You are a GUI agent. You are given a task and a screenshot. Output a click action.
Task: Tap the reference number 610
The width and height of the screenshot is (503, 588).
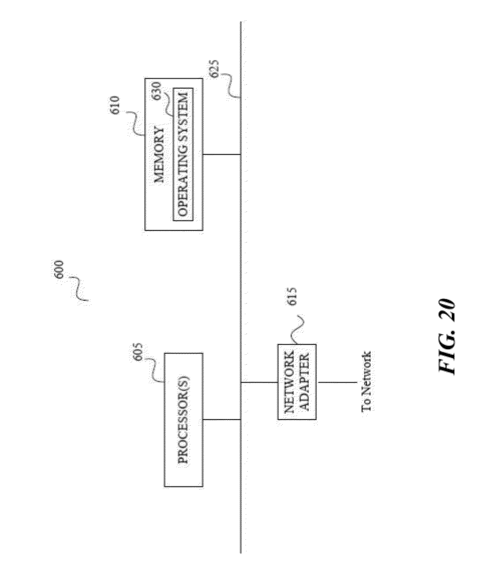click(x=117, y=105)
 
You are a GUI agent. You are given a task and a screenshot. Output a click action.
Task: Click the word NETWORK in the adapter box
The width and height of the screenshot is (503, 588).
click(x=289, y=382)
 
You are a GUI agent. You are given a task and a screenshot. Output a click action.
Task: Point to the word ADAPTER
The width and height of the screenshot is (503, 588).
click(x=305, y=382)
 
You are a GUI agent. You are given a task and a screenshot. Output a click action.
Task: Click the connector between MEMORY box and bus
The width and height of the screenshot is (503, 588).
click(x=222, y=155)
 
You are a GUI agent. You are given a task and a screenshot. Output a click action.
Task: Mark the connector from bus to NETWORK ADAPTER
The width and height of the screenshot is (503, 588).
click(x=259, y=382)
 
